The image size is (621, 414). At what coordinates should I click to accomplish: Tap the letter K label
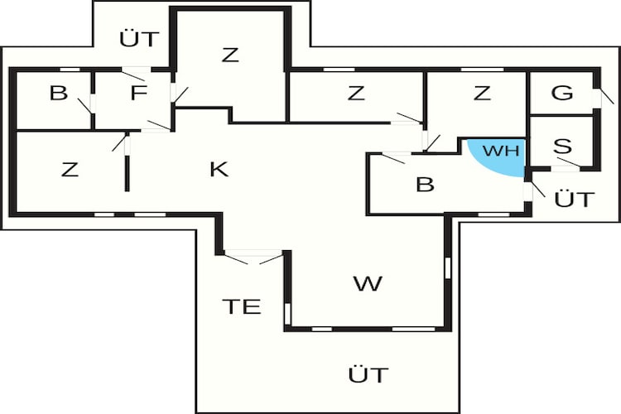pos(219,170)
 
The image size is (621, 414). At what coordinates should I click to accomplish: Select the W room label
pos(368,284)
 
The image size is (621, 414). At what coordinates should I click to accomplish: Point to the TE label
pos(242,306)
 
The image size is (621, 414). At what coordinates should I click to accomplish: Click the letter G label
pos(562,93)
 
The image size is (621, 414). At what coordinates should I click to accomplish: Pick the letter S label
pos(563,147)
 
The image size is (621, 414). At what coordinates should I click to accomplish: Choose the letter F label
pos(138,93)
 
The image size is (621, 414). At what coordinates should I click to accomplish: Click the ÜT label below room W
pos(368,373)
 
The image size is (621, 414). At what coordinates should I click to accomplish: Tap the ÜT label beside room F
pos(138,39)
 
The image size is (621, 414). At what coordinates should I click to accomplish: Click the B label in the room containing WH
pos(425,185)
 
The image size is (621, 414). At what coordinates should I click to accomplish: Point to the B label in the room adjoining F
pos(58,93)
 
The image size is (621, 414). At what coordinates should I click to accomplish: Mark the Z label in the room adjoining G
pos(482,94)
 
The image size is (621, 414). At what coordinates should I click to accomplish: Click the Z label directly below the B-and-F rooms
pos(70,171)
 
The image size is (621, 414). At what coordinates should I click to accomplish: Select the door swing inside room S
pos(568,163)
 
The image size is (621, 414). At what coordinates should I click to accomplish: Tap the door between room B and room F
pos(89,106)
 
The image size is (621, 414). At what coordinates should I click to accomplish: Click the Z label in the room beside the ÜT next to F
pos(230,55)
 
